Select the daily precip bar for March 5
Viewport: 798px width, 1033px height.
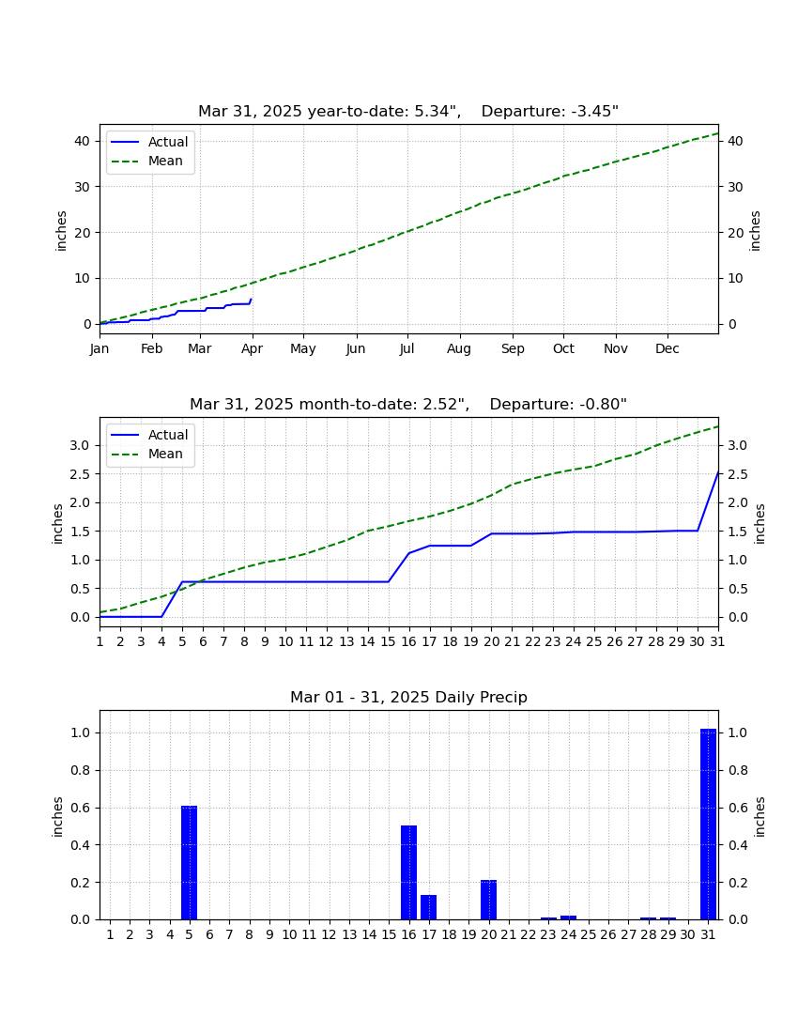click(x=189, y=862)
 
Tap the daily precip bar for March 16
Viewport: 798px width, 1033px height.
click(x=409, y=872)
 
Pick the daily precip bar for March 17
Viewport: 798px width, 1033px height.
click(x=429, y=907)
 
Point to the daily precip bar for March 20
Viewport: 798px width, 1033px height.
click(x=488, y=900)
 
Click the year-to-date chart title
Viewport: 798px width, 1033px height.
click(x=408, y=111)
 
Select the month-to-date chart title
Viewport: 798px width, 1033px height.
click(x=408, y=404)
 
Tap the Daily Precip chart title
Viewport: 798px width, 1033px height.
click(x=409, y=697)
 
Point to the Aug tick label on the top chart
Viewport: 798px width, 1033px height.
click(x=459, y=348)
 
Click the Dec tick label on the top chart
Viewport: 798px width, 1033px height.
click(x=667, y=348)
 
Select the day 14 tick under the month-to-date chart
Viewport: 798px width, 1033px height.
click(x=367, y=641)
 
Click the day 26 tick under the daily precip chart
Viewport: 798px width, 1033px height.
click(x=608, y=934)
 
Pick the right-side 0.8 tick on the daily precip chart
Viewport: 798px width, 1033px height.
click(x=737, y=770)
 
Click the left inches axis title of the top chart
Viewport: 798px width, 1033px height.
click(x=61, y=231)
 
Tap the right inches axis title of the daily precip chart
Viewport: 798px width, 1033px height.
click(x=760, y=817)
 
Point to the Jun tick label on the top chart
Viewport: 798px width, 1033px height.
click(x=356, y=348)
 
